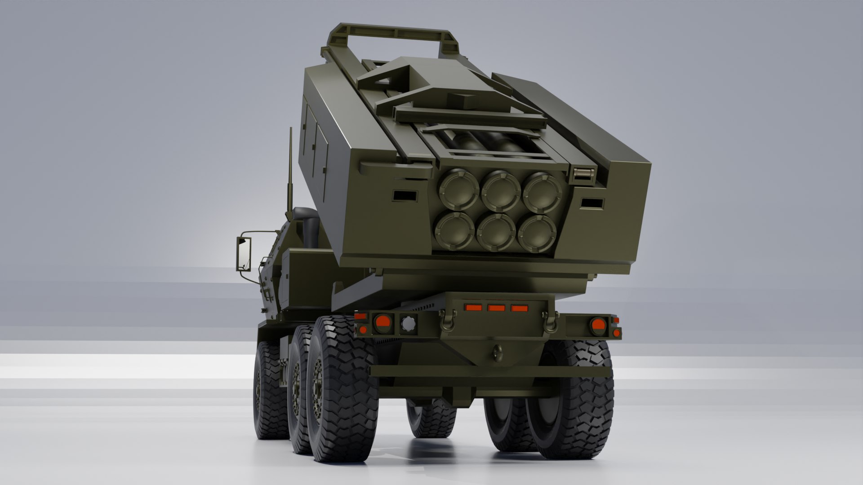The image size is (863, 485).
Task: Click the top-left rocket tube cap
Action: (459, 190)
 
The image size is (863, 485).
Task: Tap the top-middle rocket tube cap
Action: (501, 191)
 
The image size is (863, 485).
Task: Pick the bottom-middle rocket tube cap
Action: (496, 233)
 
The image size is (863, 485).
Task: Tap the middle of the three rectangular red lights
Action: (496, 308)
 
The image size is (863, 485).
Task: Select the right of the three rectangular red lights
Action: (520, 309)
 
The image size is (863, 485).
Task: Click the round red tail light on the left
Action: (383, 322)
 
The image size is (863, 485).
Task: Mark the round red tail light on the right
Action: (598, 324)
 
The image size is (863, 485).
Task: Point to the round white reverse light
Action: (409, 323)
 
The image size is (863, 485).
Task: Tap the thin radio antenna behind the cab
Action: (290, 171)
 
